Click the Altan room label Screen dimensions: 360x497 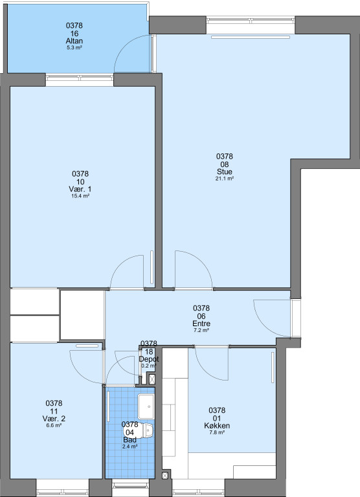point(74,41)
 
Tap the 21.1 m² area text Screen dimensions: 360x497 point(225,179)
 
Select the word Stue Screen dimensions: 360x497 point(225,171)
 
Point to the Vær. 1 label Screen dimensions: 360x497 point(80,189)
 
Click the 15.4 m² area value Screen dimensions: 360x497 point(80,196)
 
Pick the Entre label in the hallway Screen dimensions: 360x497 point(201,324)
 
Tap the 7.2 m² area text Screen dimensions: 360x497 point(201,330)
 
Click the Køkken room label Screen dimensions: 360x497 point(217,426)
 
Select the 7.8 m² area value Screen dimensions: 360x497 point(217,432)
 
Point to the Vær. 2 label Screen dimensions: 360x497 point(54,419)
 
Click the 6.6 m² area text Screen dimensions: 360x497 point(54,425)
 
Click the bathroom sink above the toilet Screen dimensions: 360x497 point(146,406)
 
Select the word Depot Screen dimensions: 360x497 point(149,359)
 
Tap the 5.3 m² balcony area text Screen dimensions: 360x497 point(74,48)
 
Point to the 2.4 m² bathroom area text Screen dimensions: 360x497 point(130,447)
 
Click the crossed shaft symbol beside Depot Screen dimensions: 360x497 point(153,379)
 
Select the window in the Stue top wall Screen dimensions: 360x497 point(251,20)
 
